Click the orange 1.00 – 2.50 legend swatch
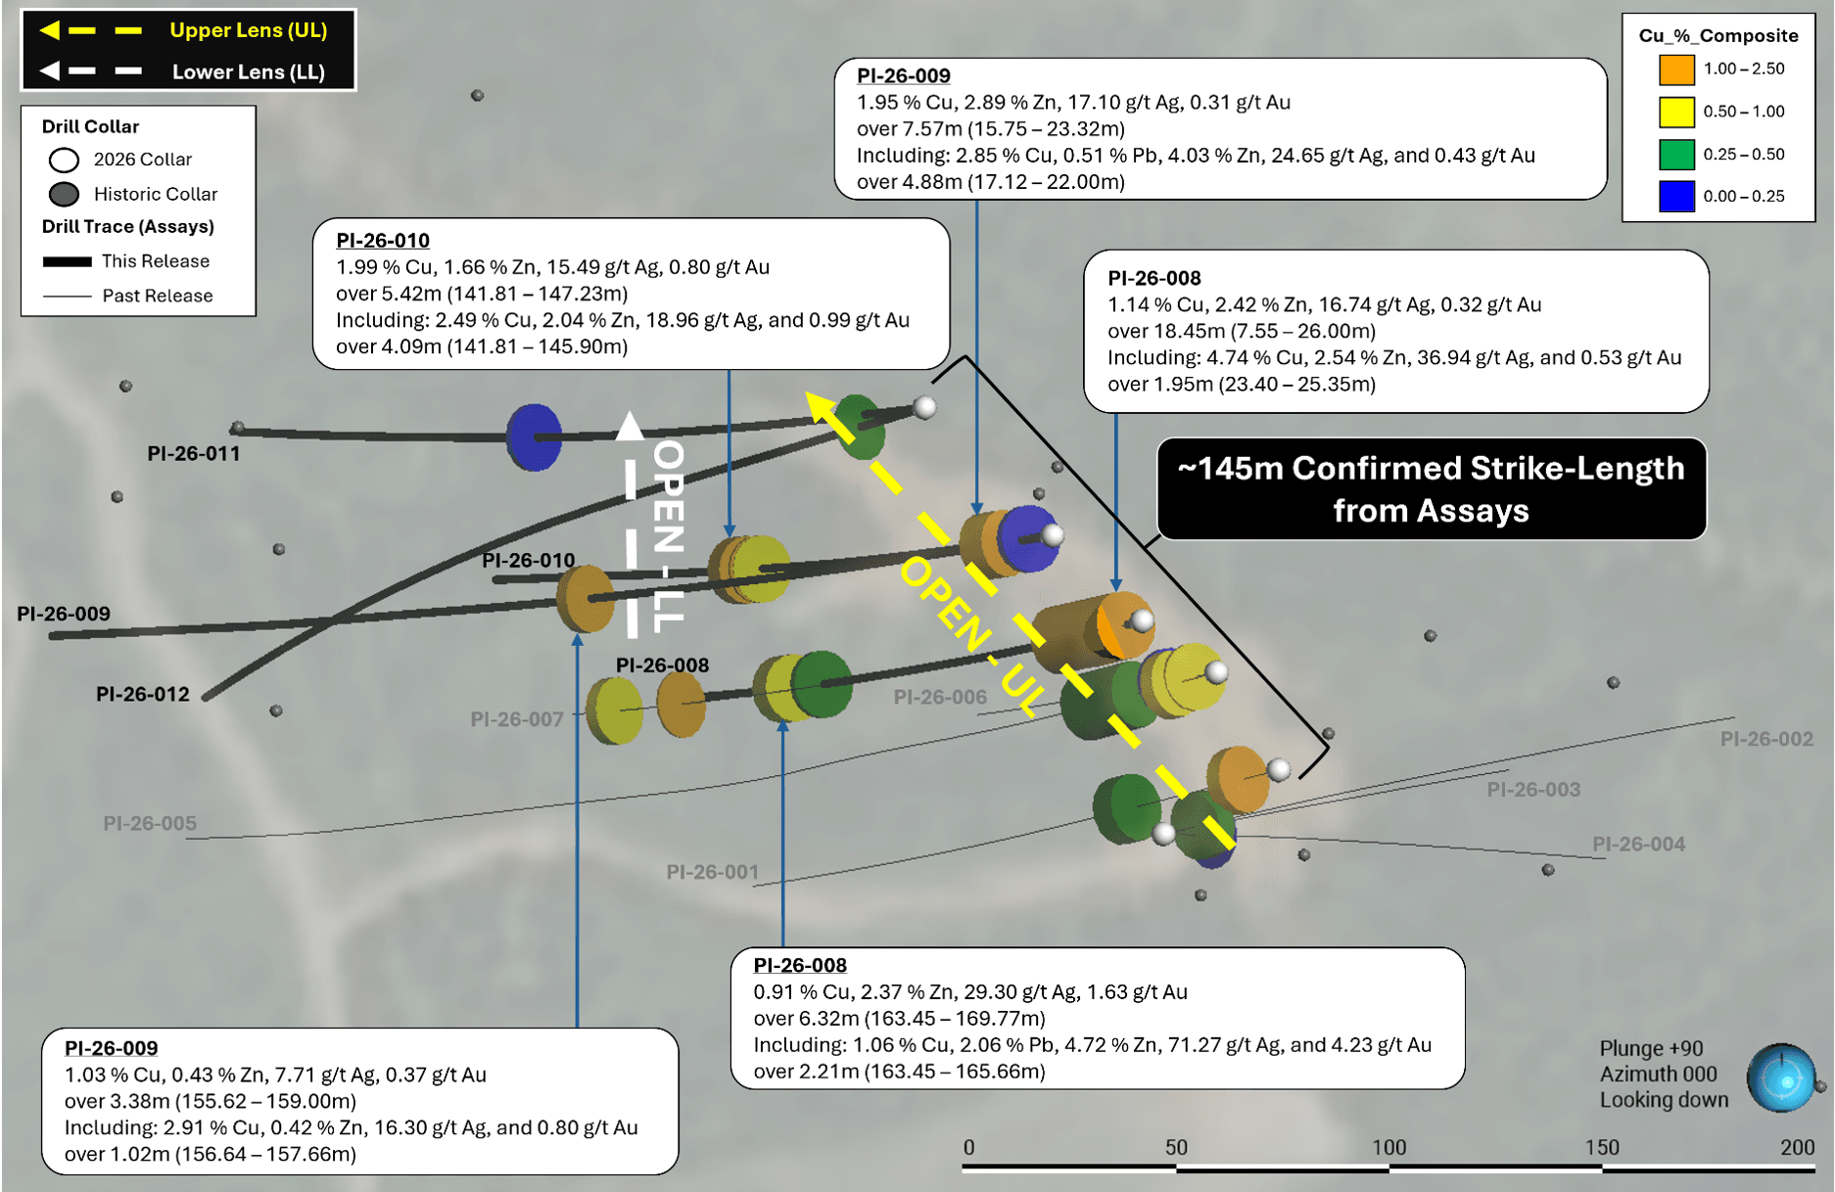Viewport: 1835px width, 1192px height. coord(1676,69)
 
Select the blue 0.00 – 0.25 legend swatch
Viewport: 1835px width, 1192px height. coord(1676,196)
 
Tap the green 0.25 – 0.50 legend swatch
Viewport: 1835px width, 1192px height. coord(1676,154)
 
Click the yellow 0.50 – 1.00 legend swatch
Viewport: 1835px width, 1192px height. coord(1676,112)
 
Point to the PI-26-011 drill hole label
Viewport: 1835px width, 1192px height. coord(194,453)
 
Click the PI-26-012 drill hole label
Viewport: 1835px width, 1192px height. coord(143,694)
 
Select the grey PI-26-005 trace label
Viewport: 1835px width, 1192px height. coord(150,823)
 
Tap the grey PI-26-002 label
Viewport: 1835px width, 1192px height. coord(1766,739)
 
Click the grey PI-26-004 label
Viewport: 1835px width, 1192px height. coord(1638,844)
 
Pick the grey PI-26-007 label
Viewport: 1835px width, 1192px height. coord(517,719)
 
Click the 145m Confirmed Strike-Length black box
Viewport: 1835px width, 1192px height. coord(1432,488)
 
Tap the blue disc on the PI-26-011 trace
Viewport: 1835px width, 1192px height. coord(534,436)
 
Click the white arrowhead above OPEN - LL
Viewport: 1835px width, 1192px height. coord(630,426)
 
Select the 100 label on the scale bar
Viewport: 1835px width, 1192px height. coord(1388,1147)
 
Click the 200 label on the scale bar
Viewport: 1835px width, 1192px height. coord(1798,1147)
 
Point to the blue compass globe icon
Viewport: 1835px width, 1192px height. coord(1782,1078)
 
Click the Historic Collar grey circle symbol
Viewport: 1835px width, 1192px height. coord(65,194)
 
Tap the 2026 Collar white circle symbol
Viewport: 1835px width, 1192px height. coord(65,160)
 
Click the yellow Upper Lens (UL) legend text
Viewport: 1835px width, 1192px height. coord(249,30)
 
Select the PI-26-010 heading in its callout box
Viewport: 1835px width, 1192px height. coord(383,241)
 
